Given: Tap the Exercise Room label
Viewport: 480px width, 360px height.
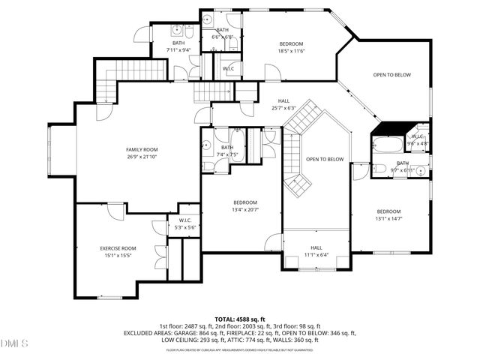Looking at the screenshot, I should click(118, 248).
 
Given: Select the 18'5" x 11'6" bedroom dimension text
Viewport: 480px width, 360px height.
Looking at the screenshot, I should click(292, 51).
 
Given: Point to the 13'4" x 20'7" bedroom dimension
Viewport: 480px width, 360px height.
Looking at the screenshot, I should click(244, 209).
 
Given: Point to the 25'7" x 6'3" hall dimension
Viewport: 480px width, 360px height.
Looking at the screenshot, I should click(283, 107).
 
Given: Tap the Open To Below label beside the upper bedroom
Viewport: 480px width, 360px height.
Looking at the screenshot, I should click(393, 75).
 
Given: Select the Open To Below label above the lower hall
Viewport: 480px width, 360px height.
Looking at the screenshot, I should click(325, 159).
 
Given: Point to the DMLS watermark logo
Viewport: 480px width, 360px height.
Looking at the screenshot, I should click(15, 344).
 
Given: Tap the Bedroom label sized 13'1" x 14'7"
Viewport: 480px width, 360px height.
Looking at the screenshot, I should click(388, 211).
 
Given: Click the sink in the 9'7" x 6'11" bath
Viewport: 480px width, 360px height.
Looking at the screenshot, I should click(421, 172).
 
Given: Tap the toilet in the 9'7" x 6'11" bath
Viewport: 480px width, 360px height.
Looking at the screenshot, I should click(379, 169).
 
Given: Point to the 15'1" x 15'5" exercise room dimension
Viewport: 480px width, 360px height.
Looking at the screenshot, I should click(118, 255).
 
